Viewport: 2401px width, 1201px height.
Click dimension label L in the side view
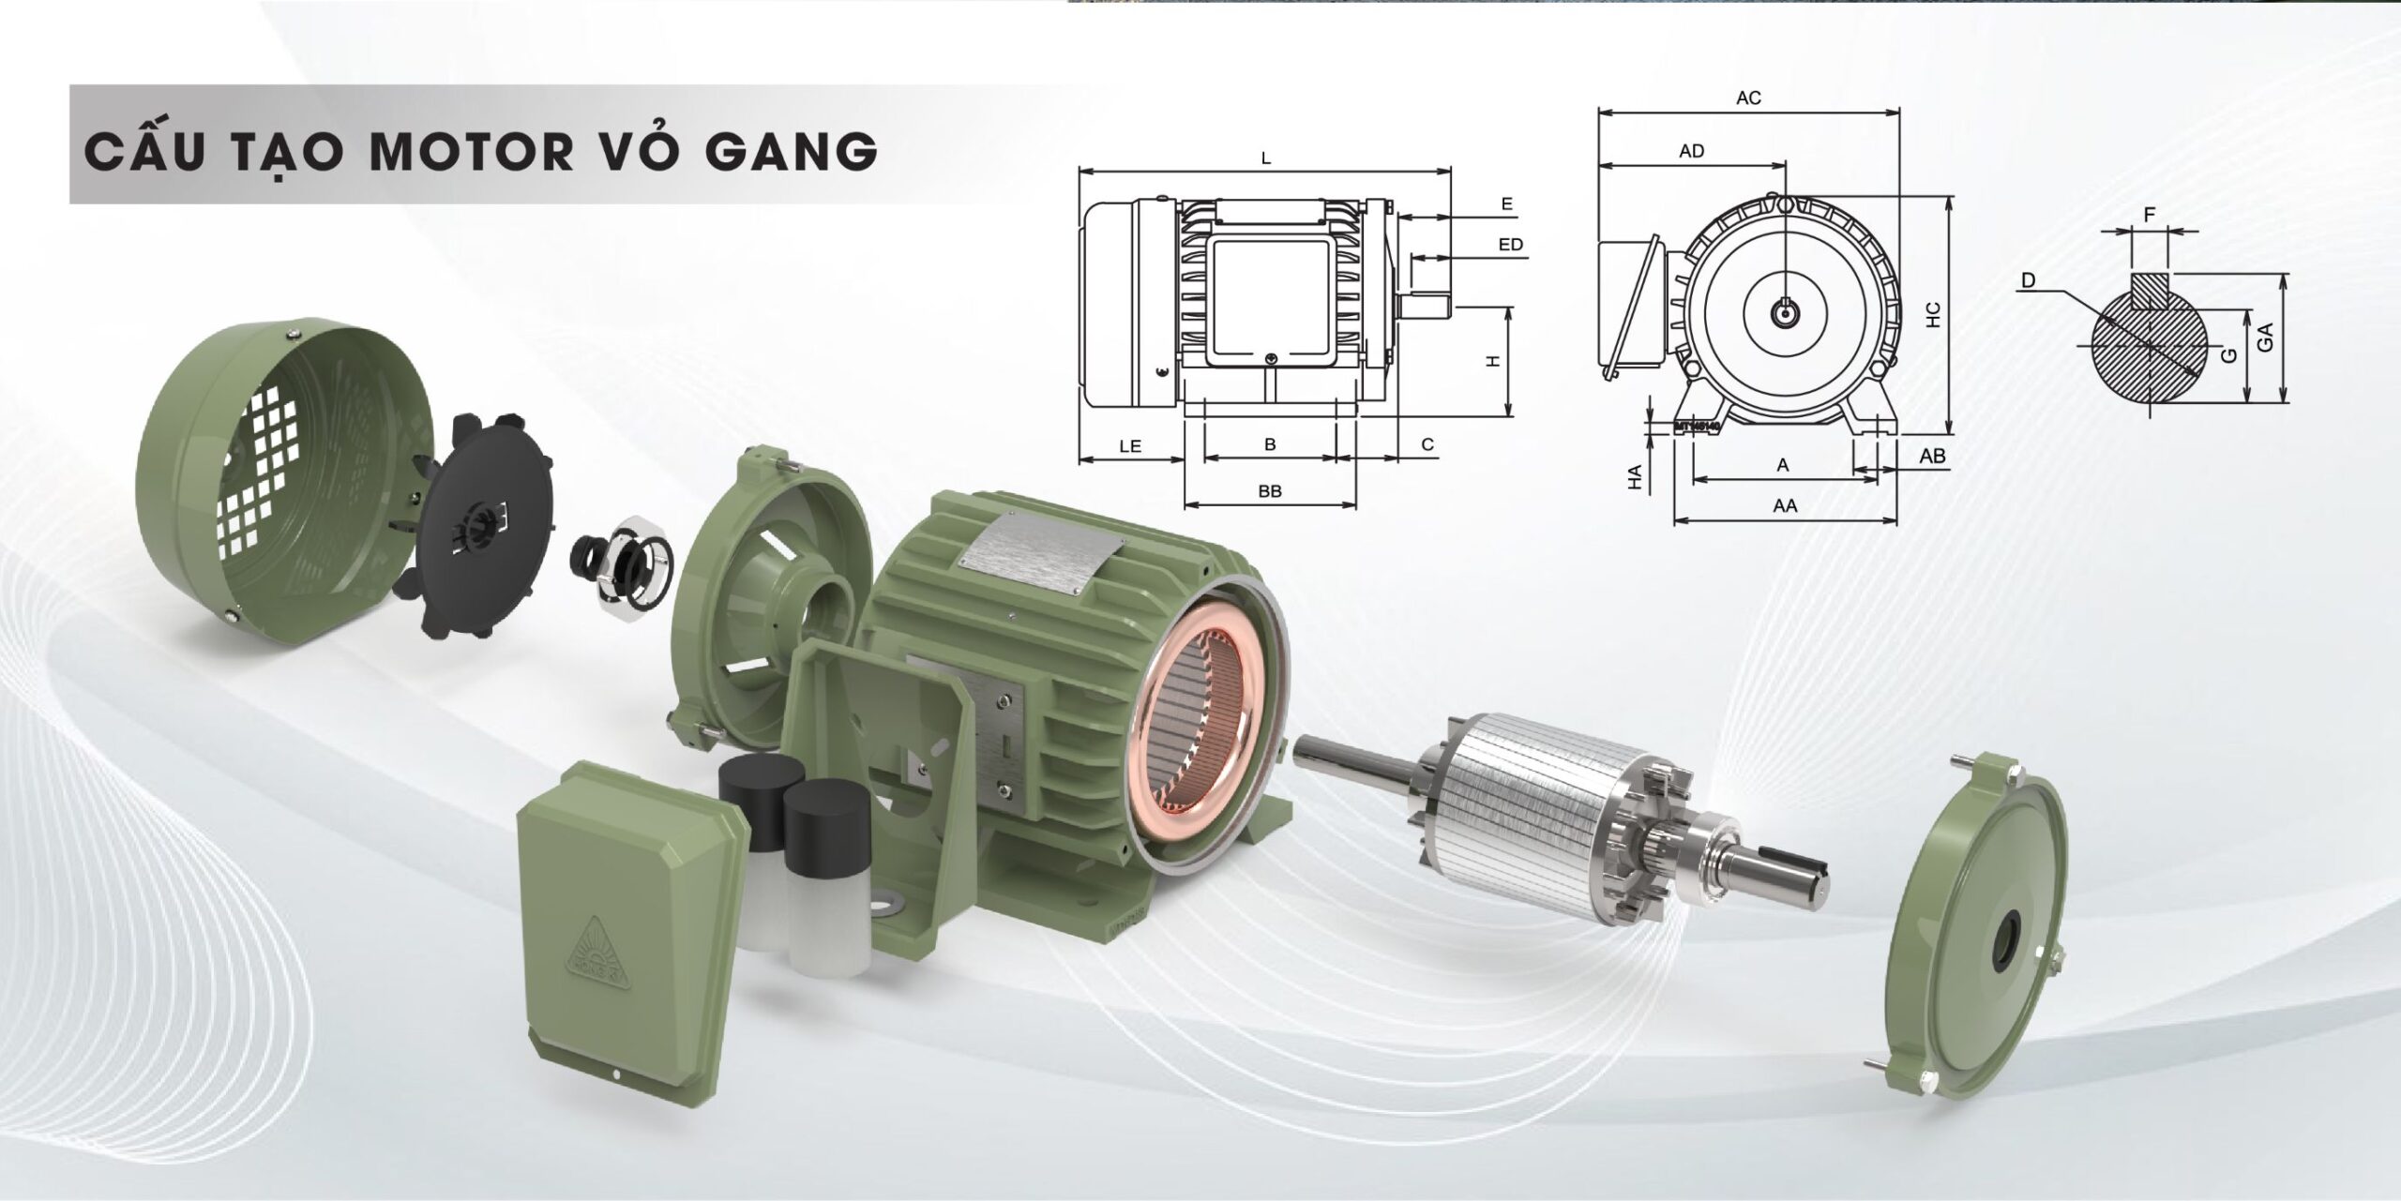(1266, 158)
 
